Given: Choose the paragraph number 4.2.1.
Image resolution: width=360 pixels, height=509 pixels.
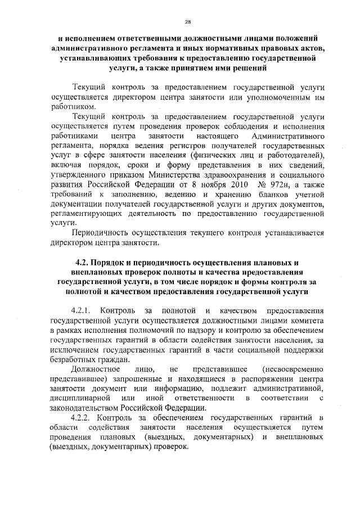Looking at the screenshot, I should [83, 310].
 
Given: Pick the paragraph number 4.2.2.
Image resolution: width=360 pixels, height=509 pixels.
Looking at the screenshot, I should [83, 418].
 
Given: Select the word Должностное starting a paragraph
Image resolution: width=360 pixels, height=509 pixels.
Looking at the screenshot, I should [95, 369].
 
